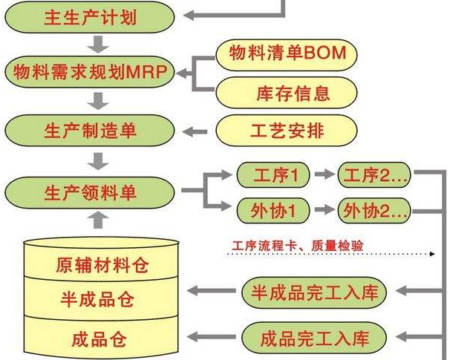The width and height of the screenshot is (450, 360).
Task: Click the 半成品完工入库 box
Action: click(315, 292)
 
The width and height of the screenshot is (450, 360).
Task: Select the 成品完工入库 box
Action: click(315, 340)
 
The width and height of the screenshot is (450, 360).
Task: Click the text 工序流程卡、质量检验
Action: click(297, 243)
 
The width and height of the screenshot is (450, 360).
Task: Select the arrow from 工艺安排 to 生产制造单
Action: click(196, 131)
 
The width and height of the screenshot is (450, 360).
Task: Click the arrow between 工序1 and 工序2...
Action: click(322, 176)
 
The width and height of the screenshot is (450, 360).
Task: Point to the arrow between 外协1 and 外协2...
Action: click(322, 210)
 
